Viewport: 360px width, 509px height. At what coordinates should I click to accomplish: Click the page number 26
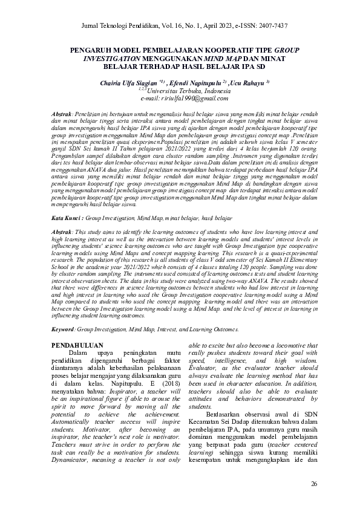[x=313, y=484]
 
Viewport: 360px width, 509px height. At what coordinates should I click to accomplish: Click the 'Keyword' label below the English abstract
[x=63, y=329]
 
